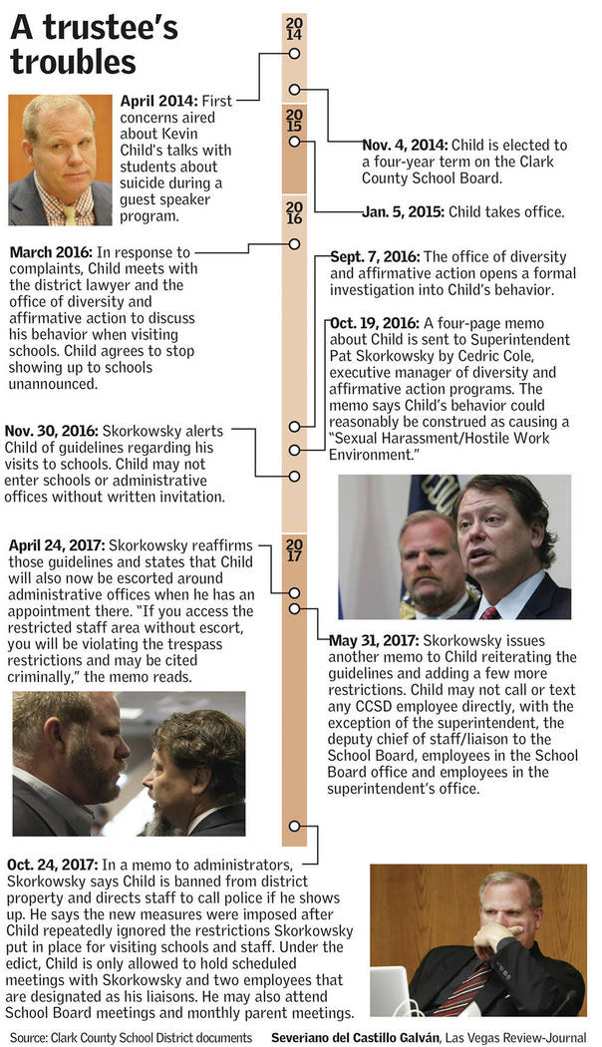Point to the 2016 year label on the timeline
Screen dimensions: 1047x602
coord(294,210)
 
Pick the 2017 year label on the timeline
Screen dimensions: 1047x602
coord(294,550)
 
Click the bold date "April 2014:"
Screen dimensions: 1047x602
coord(158,101)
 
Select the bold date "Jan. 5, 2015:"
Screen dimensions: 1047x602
coord(403,211)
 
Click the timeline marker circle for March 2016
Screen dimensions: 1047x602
coord(294,243)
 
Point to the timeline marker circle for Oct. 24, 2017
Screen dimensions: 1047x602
coord(294,827)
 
